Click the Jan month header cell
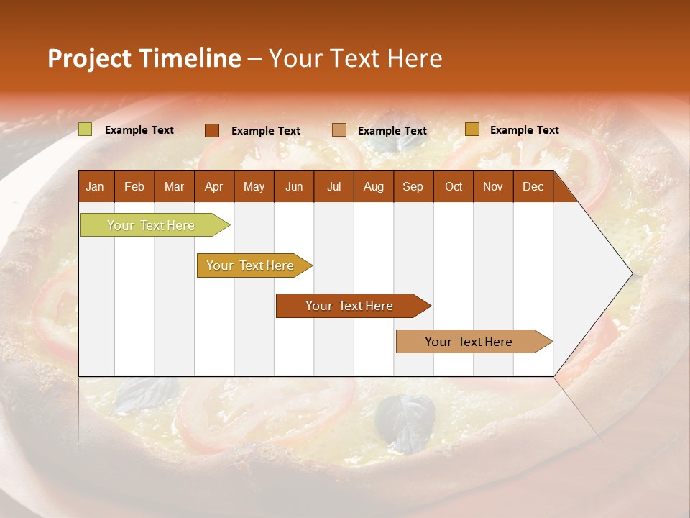[x=96, y=186]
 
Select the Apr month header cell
[x=213, y=186]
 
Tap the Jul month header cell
[x=333, y=186]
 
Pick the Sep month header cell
[x=413, y=186]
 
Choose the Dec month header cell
[x=533, y=186]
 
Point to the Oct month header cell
[x=453, y=186]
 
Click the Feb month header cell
[x=134, y=186]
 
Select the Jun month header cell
[x=293, y=186]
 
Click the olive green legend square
[x=86, y=129]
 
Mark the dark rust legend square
[x=212, y=130]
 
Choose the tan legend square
[x=339, y=129]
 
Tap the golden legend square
[x=471, y=129]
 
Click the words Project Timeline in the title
[x=144, y=58]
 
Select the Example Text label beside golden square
[x=524, y=129]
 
